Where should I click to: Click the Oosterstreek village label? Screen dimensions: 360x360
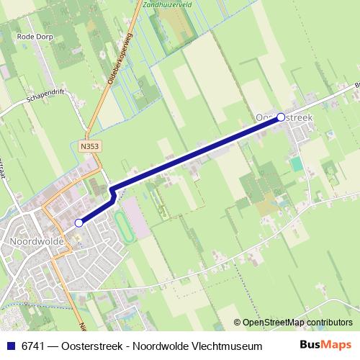284,116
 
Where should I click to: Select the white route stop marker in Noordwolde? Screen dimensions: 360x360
79,223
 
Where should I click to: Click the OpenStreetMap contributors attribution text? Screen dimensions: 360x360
297,323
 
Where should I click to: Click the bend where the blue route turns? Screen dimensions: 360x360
112,190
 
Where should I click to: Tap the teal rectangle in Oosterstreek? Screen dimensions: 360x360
297,163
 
